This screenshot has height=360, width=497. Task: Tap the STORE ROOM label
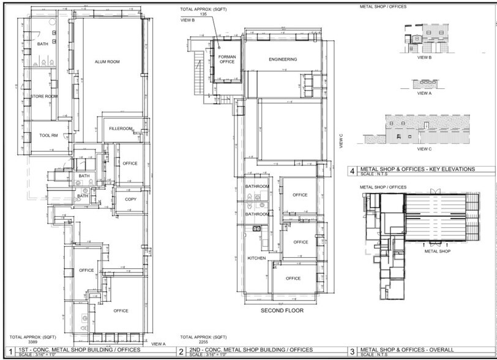(x=44, y=96)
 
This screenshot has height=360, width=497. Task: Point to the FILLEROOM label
(x=121, y=129)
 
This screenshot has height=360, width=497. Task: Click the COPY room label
(x=130, y=200)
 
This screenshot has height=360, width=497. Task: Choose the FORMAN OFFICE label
(x=227, y=59)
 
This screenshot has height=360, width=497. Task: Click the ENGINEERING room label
(x=283, y=59)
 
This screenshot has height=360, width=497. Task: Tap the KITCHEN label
(x=256, y=258)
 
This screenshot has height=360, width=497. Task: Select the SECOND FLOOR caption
(x=283, y=310)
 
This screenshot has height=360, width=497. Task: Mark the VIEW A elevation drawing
(x=424, y=83)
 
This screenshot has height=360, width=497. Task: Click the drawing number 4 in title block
(x=353, y=171)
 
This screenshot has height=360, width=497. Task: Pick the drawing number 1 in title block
(x=10, y=352)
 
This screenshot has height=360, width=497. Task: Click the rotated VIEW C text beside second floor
(x=341, y=141)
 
